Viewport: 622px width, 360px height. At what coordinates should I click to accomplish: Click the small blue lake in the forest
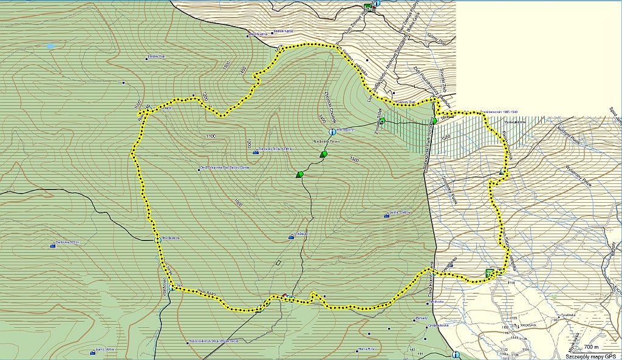(x=50, y=46)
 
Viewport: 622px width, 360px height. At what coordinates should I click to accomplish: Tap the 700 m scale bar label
(x=592, y=347)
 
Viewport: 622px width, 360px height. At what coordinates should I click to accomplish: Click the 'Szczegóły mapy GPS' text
(x=592, y=356)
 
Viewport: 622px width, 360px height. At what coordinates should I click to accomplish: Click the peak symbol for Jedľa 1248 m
(x=387, y=215)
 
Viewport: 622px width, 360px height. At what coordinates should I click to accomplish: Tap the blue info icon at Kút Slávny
(x=332, y=132)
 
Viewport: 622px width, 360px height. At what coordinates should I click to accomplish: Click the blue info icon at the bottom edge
(x=455, y=355)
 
